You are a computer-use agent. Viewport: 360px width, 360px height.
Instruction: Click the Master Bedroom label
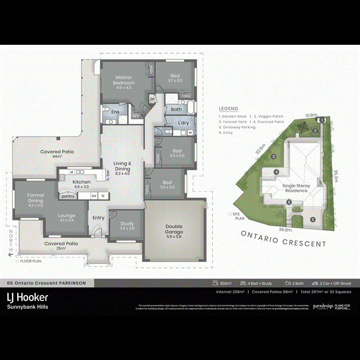pos(124,80)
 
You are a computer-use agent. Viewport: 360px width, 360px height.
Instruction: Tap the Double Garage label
pos(174,229)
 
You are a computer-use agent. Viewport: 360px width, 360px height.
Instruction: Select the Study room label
pos(127,226)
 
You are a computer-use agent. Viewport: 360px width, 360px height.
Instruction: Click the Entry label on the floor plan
pos(98,218)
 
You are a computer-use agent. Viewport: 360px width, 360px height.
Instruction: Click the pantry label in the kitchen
pos(68,196)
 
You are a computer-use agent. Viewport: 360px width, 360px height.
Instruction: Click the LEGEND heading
pos(228,109)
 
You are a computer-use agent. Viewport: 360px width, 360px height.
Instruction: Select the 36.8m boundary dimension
pos(285,230)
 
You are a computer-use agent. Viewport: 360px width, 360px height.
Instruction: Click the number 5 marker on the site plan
pos(313,219)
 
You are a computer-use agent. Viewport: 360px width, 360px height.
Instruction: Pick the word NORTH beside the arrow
pos(11,240)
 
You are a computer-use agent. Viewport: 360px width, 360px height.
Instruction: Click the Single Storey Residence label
pos(296,188)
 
